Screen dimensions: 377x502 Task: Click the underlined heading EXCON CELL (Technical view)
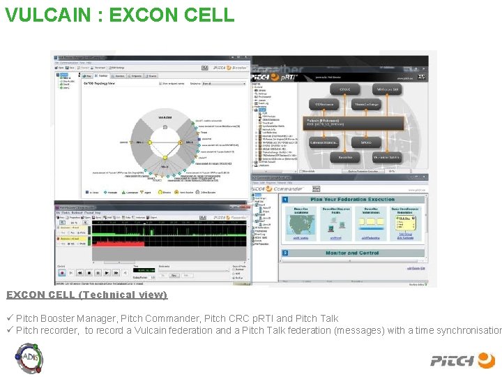click(x=86, y=295)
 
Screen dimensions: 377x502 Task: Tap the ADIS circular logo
click(x=30, y=358)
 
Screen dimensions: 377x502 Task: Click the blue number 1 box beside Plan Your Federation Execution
click(x=285, y=200)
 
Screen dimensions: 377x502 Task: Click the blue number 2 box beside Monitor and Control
click(x=285, y=253)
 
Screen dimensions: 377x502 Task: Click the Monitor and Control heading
click(x=351, y=253)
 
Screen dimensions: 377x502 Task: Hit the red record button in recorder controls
click(x=63, y=273)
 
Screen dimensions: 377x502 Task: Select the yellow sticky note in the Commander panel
click(x=405, y=224)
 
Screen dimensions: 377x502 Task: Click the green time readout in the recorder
click(x=146, y=269)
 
